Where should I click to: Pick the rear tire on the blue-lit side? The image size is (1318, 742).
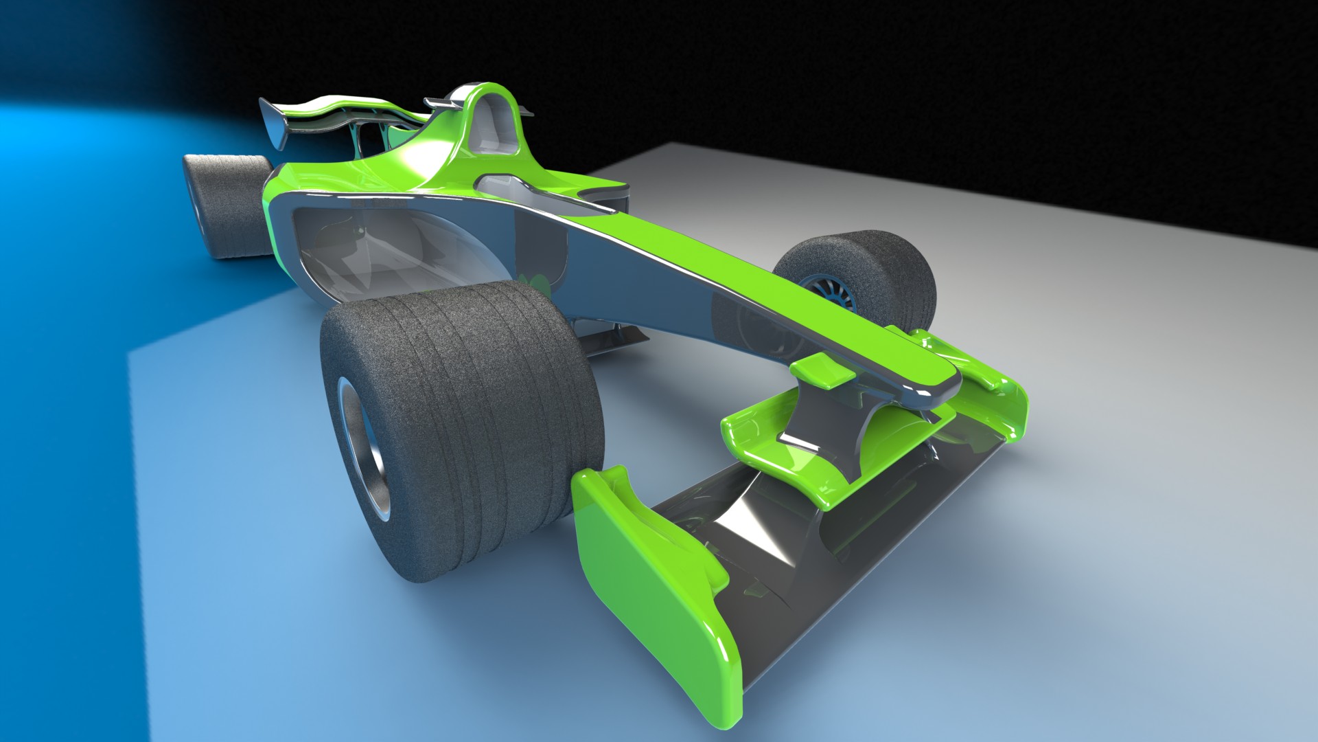click(x=230, y=206)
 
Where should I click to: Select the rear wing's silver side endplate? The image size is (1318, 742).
click(x=275, y=124)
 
